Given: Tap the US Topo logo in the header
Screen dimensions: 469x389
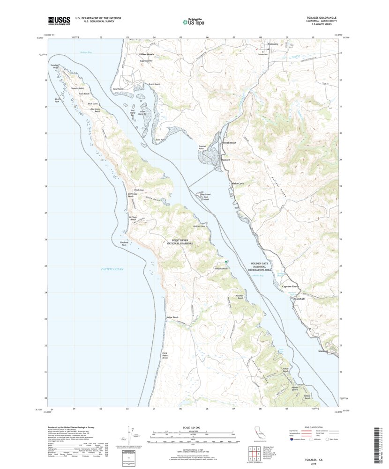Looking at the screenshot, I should (x=194, y=21).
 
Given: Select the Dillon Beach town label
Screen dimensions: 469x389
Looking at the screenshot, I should (x=147, y=54).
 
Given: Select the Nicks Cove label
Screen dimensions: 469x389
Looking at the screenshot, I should (x=238, y=183).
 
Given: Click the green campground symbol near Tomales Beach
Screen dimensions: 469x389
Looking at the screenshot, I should (x=226, y=262).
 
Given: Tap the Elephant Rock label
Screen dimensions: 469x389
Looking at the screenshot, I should (x=124, y=243).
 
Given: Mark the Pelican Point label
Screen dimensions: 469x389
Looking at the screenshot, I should (x=200, y=227).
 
